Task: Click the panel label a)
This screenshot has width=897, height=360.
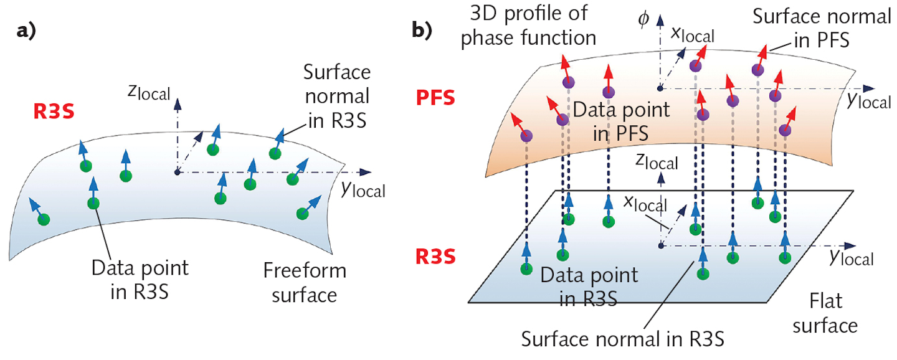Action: [x=27, y=33]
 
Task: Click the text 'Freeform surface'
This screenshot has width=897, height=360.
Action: [x=305, y=282]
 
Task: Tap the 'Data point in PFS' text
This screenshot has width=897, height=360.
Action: [x=621, y=121]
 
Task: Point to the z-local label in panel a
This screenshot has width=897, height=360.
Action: [x=148, y=92]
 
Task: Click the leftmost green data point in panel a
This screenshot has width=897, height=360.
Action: [x=44, y=219]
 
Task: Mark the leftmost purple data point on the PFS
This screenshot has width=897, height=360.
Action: [x=526, y=135]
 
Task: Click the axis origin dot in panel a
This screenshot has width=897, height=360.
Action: [x=178, y=172]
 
